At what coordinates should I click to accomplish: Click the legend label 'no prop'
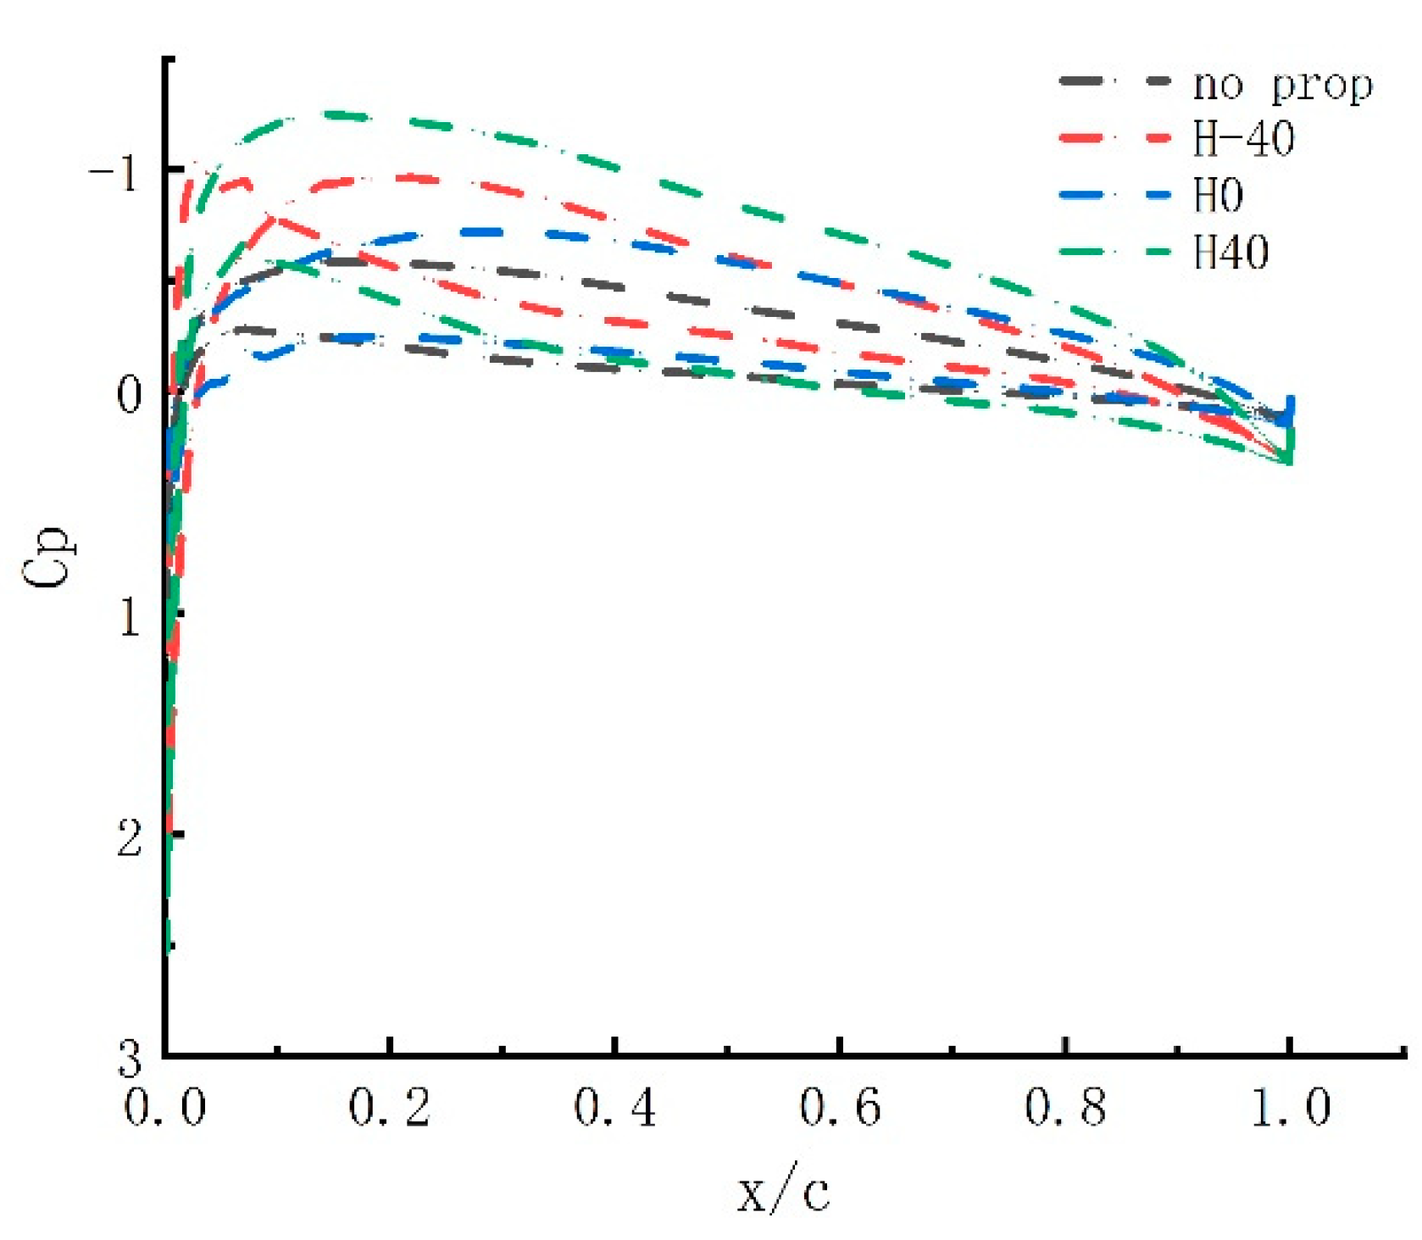[x=1282, y=85]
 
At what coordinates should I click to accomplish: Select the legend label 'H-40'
[x=1243, y=139]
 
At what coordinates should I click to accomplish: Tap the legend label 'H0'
[x=1218, y=196]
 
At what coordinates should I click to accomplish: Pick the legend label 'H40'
[x=1230, y=252]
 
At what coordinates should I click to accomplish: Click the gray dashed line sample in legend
[x=1114, y=81]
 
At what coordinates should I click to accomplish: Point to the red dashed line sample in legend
[x=1114, y=137]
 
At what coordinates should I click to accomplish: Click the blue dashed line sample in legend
[x=1114, y=195]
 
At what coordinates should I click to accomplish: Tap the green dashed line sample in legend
[x=1114, y=252]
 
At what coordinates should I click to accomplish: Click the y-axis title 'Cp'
[x=49, y=557]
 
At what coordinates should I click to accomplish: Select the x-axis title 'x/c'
[x=783, y=1193]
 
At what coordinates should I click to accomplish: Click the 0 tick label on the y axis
[x=129, y=395]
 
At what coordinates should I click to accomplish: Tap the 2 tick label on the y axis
[x=129, y=838]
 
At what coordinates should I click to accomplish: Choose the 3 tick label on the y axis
[x=129, y=1058]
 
